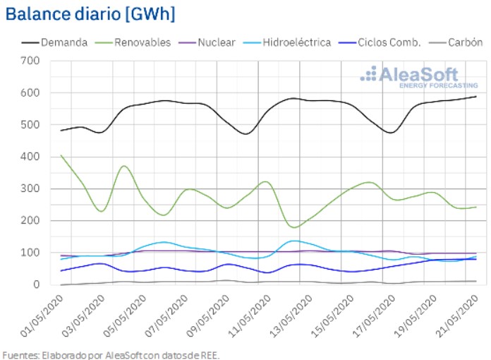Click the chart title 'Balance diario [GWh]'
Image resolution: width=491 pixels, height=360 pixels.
tap(91, 13)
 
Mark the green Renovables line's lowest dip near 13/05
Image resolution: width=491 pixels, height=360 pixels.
tap(295, 227)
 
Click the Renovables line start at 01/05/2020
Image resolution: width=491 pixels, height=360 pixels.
tap(61, 155)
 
